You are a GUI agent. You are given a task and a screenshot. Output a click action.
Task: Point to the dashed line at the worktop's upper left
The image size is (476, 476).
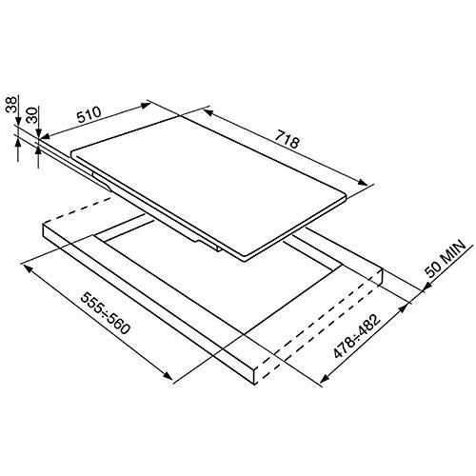click(x=73, y=215)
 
